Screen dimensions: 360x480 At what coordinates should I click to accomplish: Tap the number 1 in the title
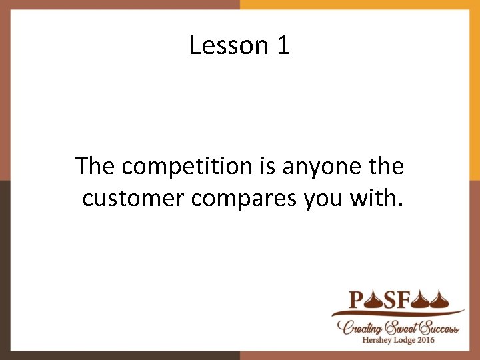[x=283, y=45]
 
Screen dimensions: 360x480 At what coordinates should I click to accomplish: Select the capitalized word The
[x=96, y=166]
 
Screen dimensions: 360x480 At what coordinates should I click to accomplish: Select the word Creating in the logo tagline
[x=360, y=327]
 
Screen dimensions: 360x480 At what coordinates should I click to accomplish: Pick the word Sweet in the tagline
[x=401, y=327]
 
